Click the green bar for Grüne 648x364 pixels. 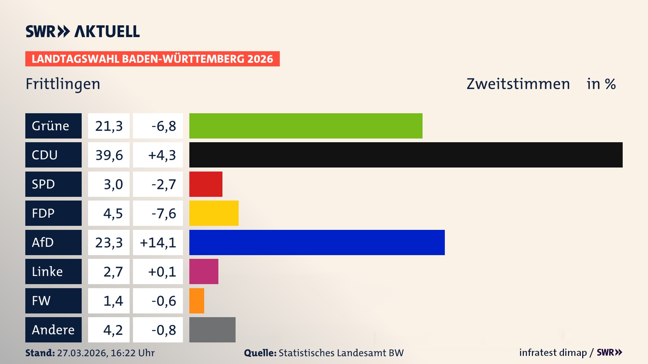click(x=305, y=126)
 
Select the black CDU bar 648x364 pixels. click(x=406, y=155)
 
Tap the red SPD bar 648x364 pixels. click(x=206, y=184)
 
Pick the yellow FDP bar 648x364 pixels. click(x=214, y=213)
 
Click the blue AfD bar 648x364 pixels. click(x=317, y=242)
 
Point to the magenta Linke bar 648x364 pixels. click(x=204, y=271)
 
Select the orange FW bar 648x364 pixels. click(x=196, y=301)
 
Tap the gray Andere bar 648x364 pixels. click(x=212, y=330)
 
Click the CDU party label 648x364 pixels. click(x=53, y=155)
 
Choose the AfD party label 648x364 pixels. click(x=53, y=242)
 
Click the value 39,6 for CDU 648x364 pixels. click(x=109, y=155)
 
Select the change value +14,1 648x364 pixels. click(x=158, y=242)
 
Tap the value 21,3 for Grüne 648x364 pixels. click(x=109, y=126)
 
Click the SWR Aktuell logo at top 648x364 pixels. click(x=82, y=31)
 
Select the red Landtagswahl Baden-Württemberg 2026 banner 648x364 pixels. click(x=152, y=59)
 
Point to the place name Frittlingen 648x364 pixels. click(x=63, y=84)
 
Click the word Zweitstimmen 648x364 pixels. click(x=518, y=84)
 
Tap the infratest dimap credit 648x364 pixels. click(x=552, y=353)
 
